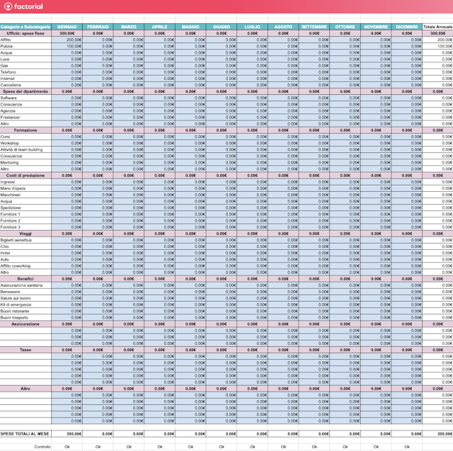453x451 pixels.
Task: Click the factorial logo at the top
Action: coord(23,6)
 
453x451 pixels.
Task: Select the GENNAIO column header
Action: coord(67,27)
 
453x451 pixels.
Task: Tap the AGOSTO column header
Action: coord(283,27)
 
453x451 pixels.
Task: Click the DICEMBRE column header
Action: coord(407,27)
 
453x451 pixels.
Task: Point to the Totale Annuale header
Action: coord(437,27)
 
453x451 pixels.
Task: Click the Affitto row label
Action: coord(6,40)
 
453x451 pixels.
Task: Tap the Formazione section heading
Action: coord(25,130)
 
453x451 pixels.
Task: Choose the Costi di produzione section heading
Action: coord(25,176)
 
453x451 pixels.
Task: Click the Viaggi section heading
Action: coord(25,234)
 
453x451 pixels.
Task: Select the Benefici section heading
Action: coord(25,279)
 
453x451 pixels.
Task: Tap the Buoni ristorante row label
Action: coord(15,311)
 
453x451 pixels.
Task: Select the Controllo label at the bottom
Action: coord(42,447)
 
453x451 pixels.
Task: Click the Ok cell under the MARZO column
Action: coord(129,447)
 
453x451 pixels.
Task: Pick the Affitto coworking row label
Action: coord(16,266)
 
